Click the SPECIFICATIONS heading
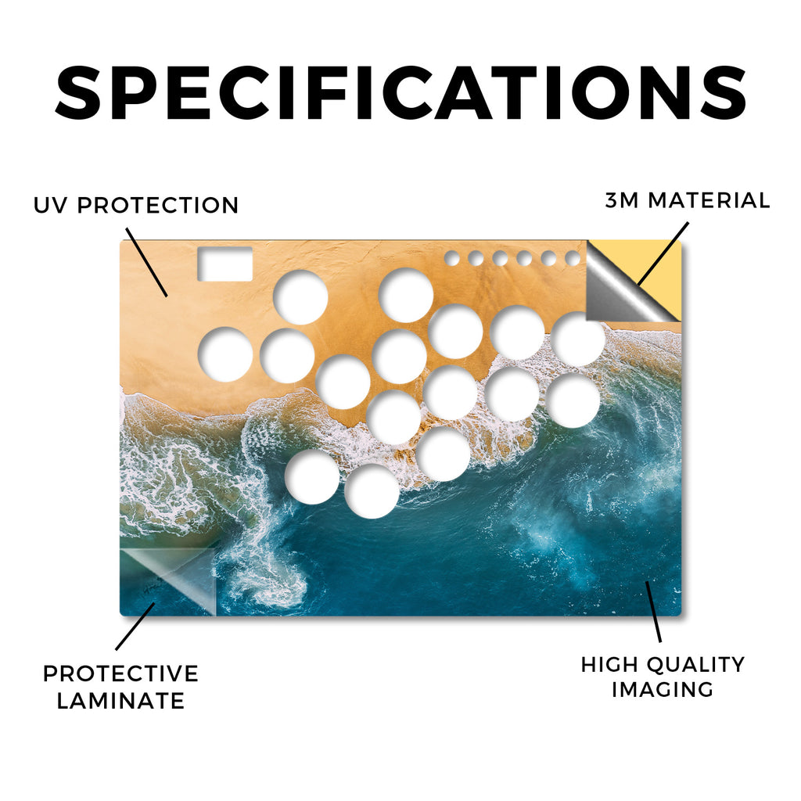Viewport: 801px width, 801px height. (x=400, y=93)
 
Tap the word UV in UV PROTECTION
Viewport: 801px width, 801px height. (x=50, y=206)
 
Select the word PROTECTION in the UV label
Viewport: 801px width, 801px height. (x=158, y=206)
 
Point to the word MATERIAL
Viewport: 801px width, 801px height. (x=709, y=200)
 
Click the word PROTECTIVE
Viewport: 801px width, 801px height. (x=120, y=673)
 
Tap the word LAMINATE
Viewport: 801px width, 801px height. (x=120, y=700)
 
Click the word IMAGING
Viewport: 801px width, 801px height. (x=663, y=690)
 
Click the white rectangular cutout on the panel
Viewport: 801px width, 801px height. (x=224, y=264)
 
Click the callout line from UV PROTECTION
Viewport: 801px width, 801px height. (x=146, y=262)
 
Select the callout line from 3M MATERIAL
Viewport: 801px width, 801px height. (x=663, y=253)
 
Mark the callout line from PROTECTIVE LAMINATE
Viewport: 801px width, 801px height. (x=135, y=627)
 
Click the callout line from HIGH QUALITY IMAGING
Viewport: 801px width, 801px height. (x=653, y=612)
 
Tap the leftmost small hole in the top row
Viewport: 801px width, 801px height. (x=451, y=258)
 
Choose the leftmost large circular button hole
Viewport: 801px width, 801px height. (x=225, y=354)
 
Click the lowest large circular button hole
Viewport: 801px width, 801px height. (x=372, y=491)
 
